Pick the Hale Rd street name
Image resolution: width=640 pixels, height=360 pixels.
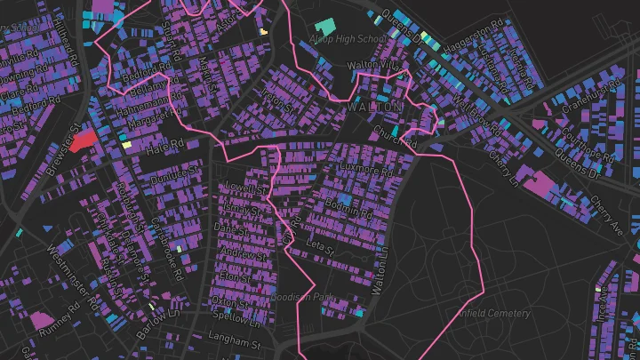tap(164, 146)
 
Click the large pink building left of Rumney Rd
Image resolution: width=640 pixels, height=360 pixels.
tap(41, 318)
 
